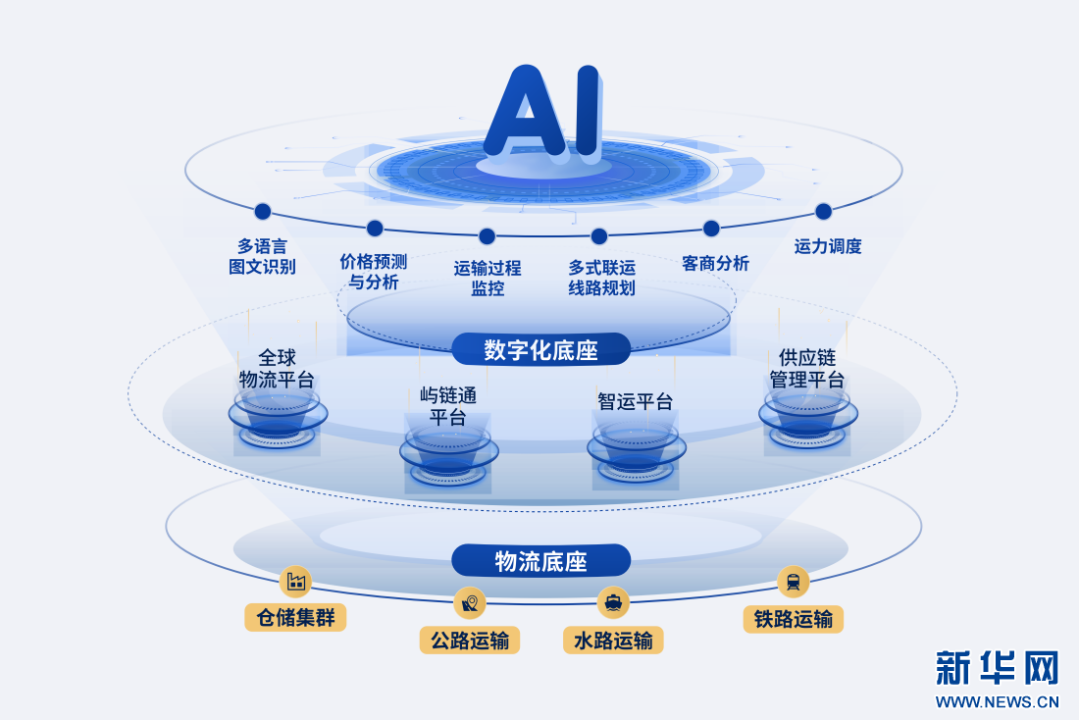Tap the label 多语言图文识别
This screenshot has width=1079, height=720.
tap(262, 256)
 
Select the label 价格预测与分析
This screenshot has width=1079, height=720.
tap(374, 271)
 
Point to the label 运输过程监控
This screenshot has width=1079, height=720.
tap(488, 278)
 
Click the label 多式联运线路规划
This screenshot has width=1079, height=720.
tap(601, 278)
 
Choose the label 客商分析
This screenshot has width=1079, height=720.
tap(715, 263)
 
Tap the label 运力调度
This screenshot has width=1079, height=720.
tap(828, 246)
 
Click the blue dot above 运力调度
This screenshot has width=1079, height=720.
tap(823, 211)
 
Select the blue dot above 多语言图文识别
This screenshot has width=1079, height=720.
tap(262, 211)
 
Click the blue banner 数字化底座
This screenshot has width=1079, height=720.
tap(540, 349)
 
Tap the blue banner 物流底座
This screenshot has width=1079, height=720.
tap(540, 561)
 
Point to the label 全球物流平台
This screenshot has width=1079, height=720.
tap(277, 368)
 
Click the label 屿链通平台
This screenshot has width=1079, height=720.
tap(448, 406)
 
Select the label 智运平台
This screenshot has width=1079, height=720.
tap(636, 401)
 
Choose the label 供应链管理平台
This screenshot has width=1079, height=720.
tap(806, 368)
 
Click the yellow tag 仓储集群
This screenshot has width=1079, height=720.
tap(295, 617)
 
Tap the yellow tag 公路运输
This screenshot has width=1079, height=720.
tap(470, 641)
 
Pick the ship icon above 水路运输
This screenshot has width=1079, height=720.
tap(613, 603)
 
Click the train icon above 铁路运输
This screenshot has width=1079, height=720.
tap(794, 583)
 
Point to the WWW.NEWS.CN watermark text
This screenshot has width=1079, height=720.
tap(998, 702)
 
